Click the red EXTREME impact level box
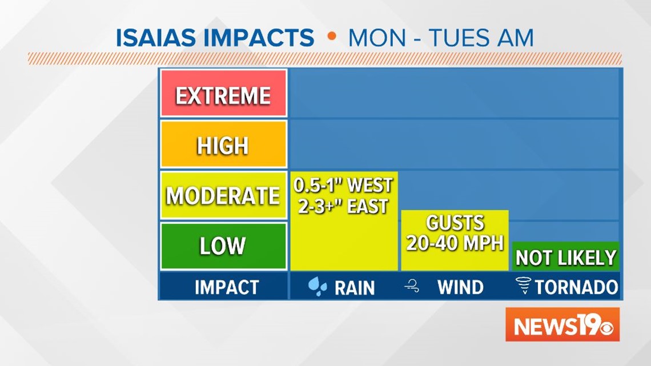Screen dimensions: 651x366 [x=223, y=94]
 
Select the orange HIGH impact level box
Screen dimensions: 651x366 [x=223, y=144]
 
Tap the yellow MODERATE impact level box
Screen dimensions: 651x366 [x=223, y=195]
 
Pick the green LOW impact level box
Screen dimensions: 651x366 [x=223, y=246]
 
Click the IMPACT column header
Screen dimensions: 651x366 [x=227, y=287]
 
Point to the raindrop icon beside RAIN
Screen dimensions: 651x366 [x=318, y=286]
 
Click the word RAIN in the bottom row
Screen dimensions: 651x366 [x=355, y=288]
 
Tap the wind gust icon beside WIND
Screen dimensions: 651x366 [x=412, y=286]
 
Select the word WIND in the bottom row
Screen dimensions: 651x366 [x=460, y=287]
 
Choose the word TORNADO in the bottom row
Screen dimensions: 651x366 [x=577, y=287]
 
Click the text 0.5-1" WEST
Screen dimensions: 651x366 [x=343, y=185]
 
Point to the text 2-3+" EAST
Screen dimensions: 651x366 [x=343, y=206]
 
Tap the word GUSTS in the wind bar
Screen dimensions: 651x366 [x=455, y=223]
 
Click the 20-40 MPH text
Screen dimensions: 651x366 [x=455, y=243]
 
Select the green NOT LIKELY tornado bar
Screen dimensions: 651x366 [x=566, y=256]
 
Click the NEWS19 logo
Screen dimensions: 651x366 [x=562, y=324]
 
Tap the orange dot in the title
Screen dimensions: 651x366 [x=331, y=36]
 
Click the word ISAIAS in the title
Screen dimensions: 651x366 [x=156, y=38]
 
